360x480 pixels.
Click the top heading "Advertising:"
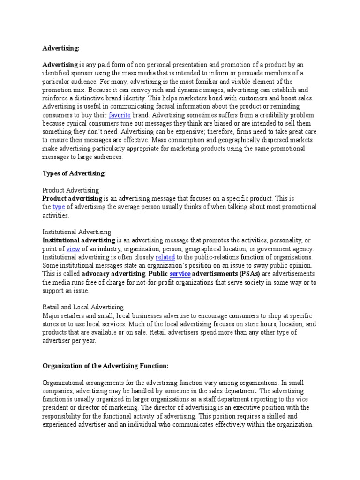tap(61, 48)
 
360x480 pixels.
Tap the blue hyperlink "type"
tap(59, 207)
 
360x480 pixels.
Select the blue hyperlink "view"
tap(73, 249)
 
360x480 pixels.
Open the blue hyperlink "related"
tap(165, 257)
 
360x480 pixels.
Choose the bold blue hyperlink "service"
tap(180, 274)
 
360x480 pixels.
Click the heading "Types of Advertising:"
tap(75, 173)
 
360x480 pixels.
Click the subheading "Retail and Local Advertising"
tap(83, 307)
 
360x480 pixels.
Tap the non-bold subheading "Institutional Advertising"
tap(77, 232)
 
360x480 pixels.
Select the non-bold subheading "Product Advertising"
tap(71, 190)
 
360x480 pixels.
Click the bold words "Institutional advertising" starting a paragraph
tap(79, 240)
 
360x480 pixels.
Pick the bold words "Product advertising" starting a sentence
tap(73, 199)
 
